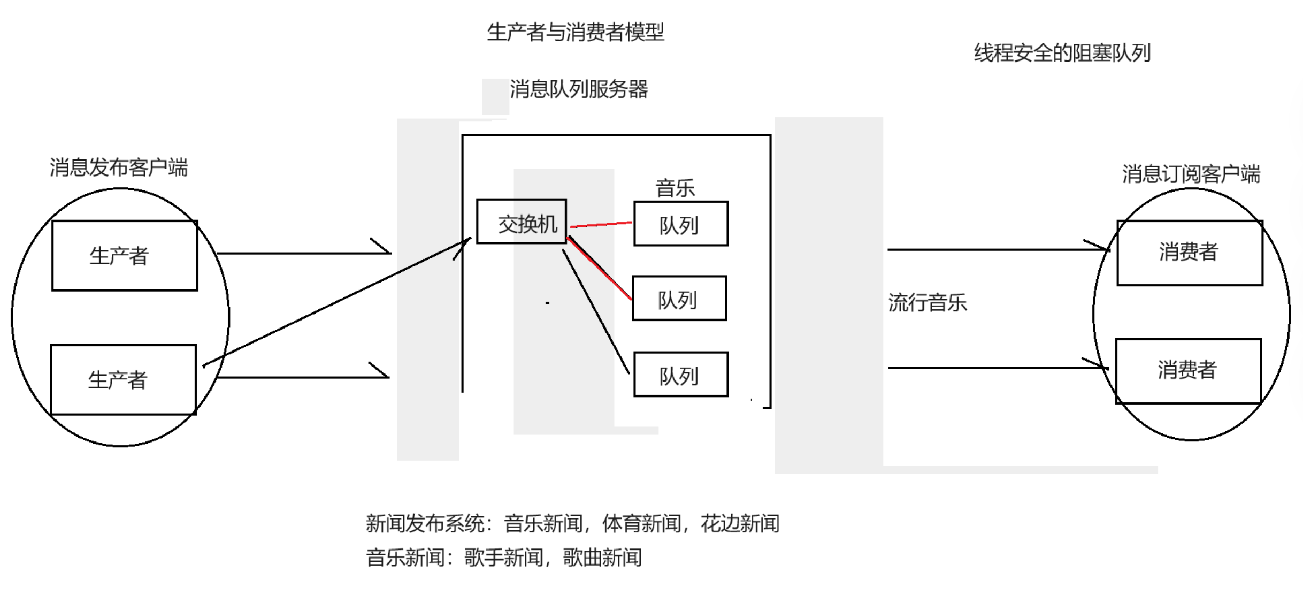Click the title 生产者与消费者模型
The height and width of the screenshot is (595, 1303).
pyautogui.click(x=576, y=32)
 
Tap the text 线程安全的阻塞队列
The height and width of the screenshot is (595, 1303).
pyautogui.click(x=1062, y=53)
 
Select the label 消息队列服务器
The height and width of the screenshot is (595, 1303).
pyautogui.click(x=579, y=89)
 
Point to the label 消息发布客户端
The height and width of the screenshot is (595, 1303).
pyautogui.click(x=119, y=167)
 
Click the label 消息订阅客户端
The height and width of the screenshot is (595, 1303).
pyautogui.click(x=1191, y=174)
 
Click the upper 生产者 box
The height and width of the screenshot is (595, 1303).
pyautogui.click(x=125, y=256)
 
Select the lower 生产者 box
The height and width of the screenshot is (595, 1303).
pyautogui.click(x=123, y=380)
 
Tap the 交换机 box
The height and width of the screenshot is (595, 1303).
pyautogui.click(x=522, y=222)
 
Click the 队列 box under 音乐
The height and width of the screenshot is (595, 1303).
pyautogui.click(x=680, y=224)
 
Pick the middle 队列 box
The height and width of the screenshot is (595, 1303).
pyautogui.click(x=679, y=299)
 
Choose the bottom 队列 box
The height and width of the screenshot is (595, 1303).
pyautogui.click(x=680, y=375)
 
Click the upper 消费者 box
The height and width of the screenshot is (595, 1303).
pyautogui.click(x=1190, y=253)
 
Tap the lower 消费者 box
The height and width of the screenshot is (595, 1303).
pyautogui.click(x=1188, y=371)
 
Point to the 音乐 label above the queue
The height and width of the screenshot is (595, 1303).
pyautogui.click(x=675, y=188)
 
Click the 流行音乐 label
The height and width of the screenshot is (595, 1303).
pyautogui.click(x=928, y=302)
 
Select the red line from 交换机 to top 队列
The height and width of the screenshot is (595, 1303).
pyautogui.click(x=601, y=224)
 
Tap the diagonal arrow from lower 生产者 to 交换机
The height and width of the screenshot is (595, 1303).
pyautogui.click(x=337, y=302)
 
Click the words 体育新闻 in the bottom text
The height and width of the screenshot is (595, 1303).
pyautogui.click(x=641, y=523)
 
